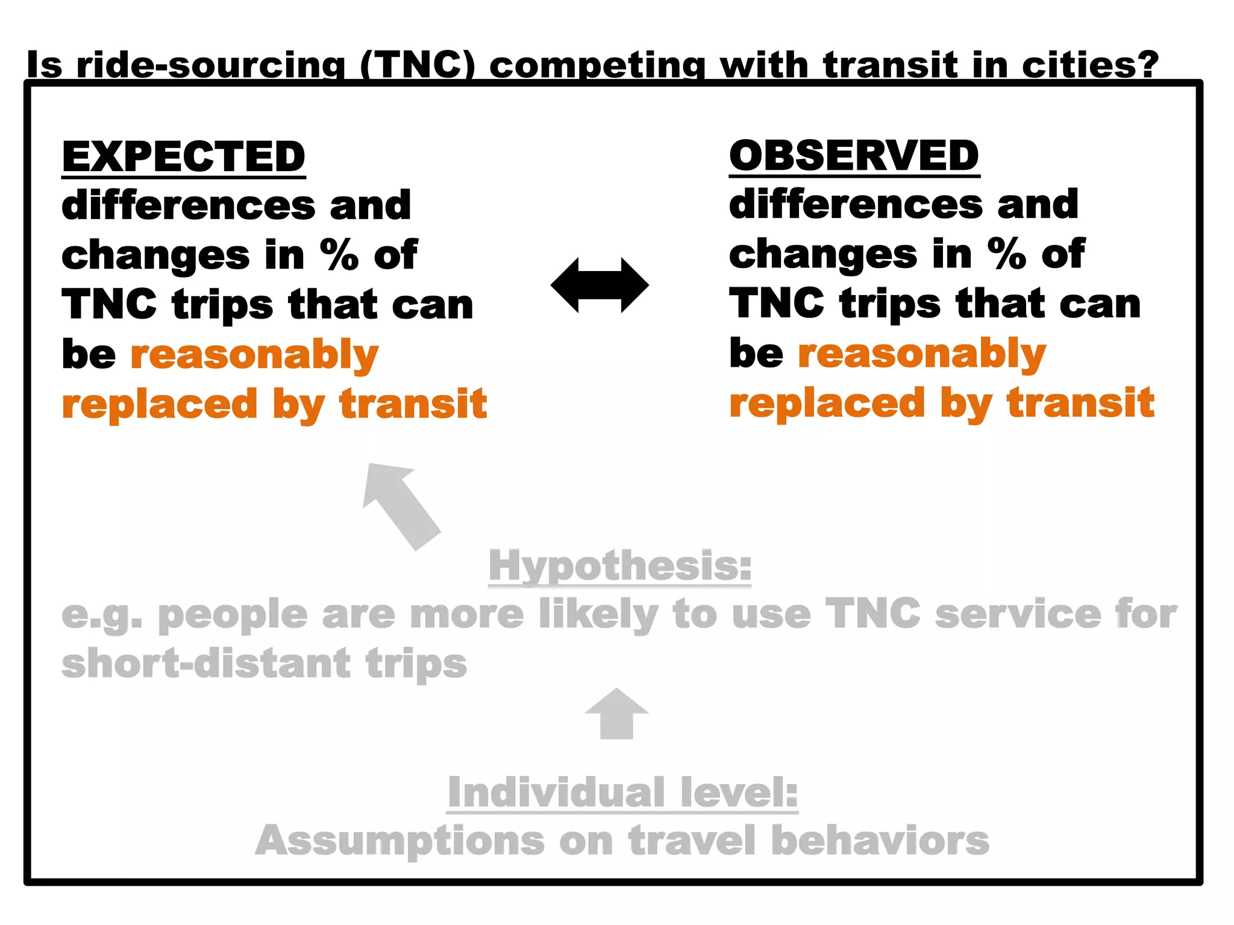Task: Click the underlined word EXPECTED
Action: click(x=184, y=157)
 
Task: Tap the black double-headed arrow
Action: click(x=600, y=285)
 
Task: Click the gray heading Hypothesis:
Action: click(x=620, y=565)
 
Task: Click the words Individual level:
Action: click(x=622, y=792)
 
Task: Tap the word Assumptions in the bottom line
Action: click(x=399, y=841)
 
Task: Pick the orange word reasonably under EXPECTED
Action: click(x=254, y=355)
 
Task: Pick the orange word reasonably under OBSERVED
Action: click(x=922, y=354)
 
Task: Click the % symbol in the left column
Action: click(x=339, y=255)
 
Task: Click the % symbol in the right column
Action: click(x=1007, y=254)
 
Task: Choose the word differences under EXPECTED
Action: click(x=189, y=205)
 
